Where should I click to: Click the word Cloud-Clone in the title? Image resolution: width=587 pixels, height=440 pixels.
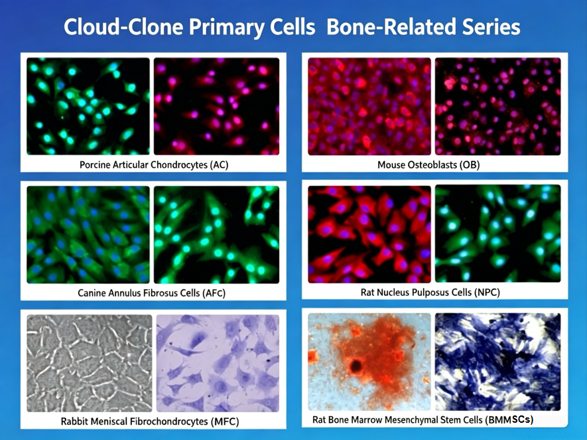point(123,27)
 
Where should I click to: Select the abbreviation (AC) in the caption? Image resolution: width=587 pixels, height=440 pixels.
point(219,165)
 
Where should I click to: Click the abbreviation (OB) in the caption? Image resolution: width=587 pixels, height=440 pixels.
point(470,165)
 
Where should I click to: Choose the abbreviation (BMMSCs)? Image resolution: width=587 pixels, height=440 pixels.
point(509,420)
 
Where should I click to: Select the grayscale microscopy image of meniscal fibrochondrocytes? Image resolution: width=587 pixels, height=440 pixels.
point(90,363)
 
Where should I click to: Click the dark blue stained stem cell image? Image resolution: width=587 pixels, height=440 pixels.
point(498,362)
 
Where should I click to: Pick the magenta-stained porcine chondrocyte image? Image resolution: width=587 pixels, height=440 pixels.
point(216,106)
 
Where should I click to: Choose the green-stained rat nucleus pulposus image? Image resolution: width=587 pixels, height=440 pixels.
point(498,234)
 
